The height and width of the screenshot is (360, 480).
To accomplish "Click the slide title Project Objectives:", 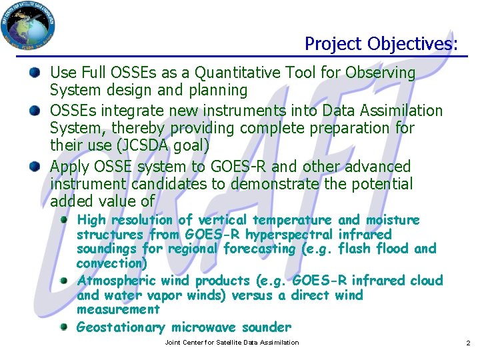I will click(381, 44).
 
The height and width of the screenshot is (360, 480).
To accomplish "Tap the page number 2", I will click(468, 343).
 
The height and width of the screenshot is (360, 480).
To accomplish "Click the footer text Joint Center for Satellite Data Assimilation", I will click(232, 343).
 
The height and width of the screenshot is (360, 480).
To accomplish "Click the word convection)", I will click(112, 263).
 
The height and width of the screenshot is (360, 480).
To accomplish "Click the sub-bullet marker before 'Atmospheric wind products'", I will click(64, 281).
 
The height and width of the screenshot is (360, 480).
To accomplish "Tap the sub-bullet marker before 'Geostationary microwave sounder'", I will click(64, 327).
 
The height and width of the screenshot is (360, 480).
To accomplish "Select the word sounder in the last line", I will click(267, 327).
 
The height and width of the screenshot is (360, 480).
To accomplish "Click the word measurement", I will click(118, 309).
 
